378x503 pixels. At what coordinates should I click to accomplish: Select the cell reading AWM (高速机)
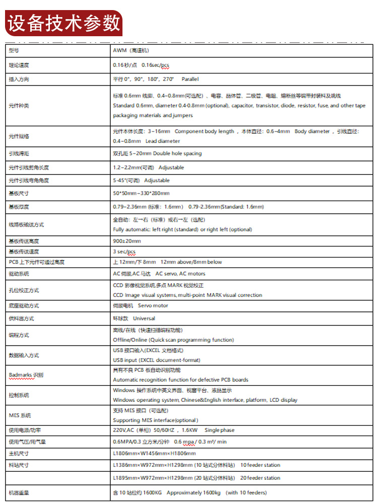click(x=131, y=51)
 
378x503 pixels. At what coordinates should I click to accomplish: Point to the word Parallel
click(x=190, y=79)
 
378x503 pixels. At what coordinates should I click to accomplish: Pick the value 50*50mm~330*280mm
click(x=141, y=193)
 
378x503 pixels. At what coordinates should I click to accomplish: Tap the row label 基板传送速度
click(x=24, y=251)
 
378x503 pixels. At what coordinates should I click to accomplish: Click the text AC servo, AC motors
click(x=180, y=274)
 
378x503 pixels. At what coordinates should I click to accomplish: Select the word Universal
click(x=144, y=318)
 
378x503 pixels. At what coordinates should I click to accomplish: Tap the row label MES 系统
click(x=20, y=415)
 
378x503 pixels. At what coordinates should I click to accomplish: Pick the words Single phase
click(x=220, y=430)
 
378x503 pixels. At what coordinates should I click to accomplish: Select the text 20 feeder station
click(x=260, y=478)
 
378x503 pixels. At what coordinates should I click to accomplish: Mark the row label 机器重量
click(x=19, y=492)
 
